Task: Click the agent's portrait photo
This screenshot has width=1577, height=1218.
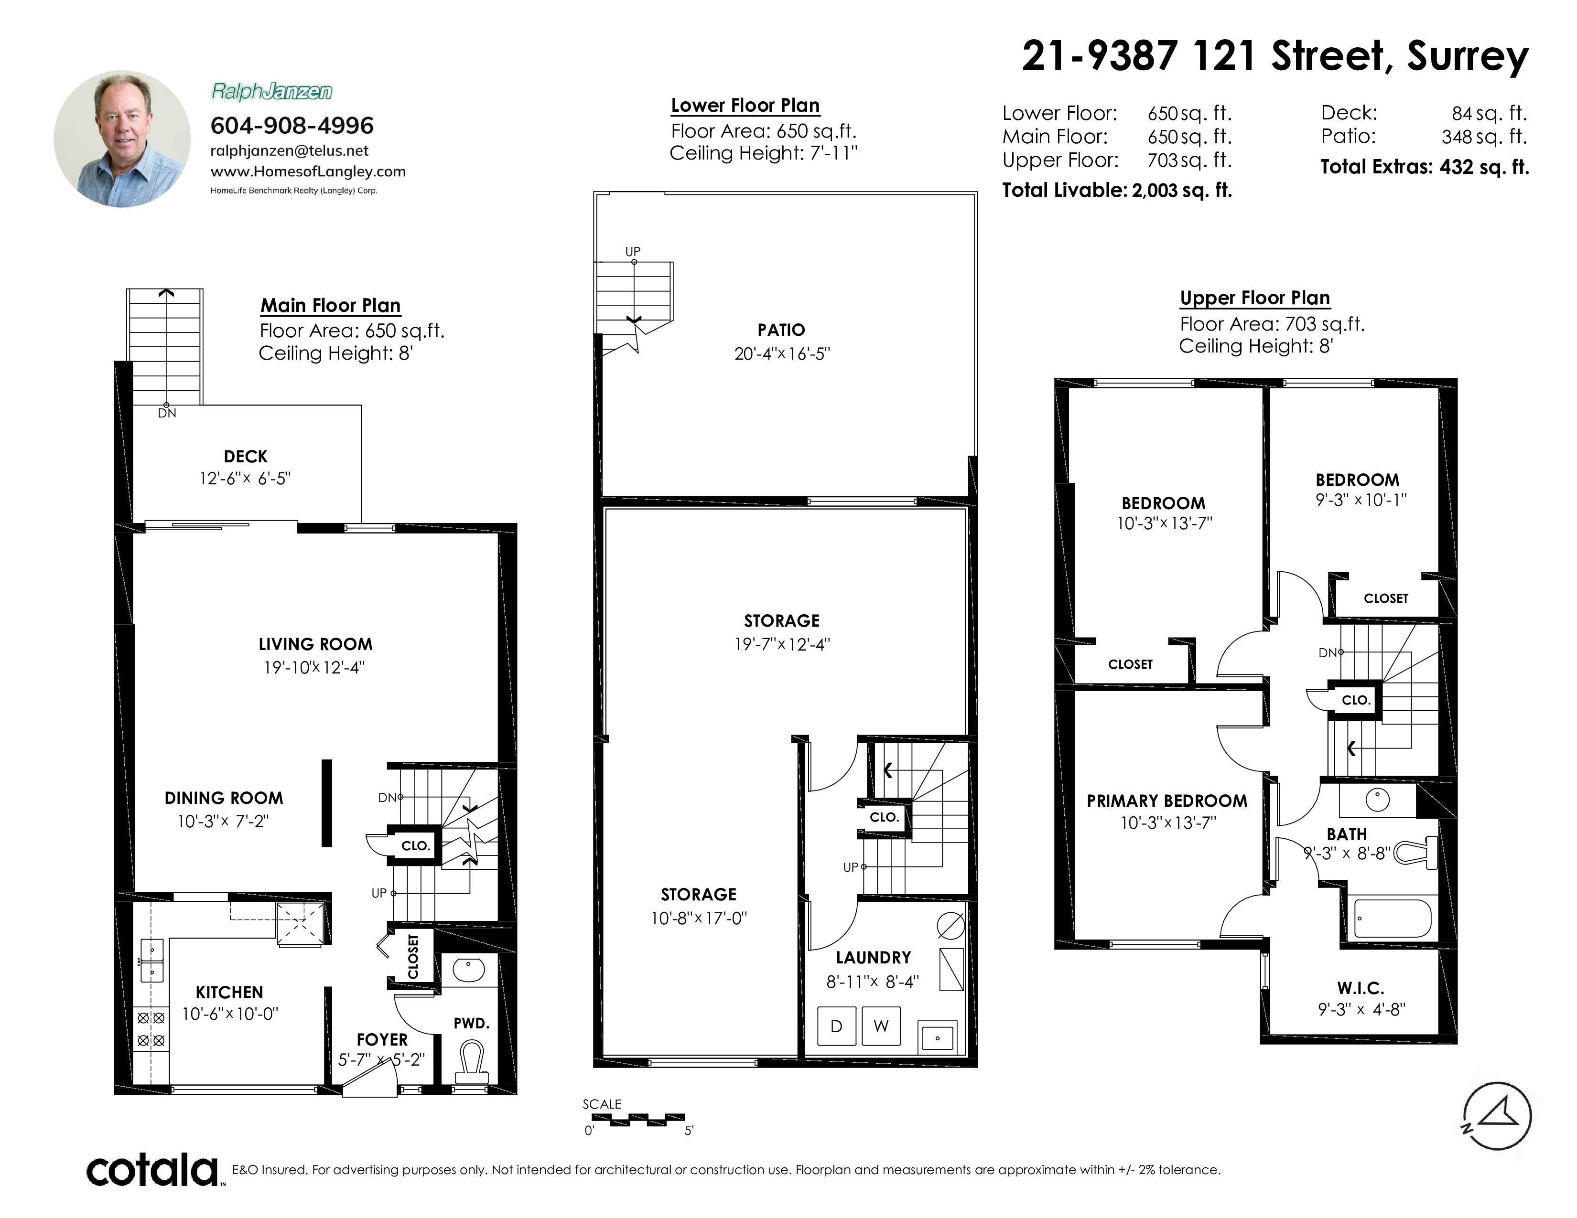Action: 122,139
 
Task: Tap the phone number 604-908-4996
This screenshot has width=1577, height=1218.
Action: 292,126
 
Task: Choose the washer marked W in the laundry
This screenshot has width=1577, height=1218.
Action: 881,1026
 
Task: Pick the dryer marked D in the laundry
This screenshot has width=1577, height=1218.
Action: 836,1026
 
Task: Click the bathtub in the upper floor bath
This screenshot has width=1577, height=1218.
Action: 1392,918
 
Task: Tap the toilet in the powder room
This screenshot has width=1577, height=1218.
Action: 472,1061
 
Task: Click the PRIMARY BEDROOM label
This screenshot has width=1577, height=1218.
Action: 1167,801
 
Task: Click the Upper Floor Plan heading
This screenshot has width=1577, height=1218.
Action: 1254,298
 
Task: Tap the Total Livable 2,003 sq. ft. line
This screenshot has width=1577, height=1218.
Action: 1117,191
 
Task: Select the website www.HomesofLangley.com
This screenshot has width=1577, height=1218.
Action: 308,172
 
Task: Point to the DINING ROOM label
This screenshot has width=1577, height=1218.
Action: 224,798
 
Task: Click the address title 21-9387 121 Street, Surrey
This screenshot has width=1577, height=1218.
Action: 1275,55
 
